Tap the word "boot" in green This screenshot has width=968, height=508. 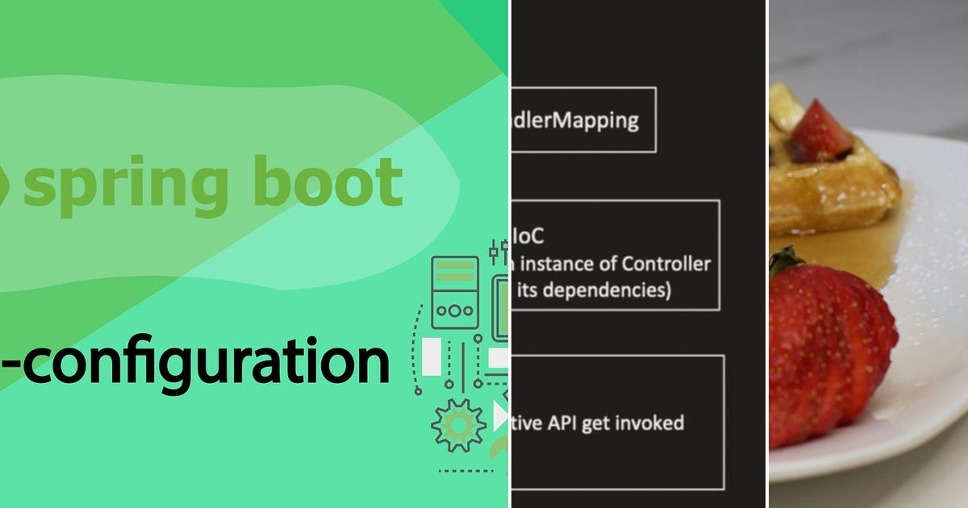(329, 181)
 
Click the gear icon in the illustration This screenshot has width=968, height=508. (458, 426)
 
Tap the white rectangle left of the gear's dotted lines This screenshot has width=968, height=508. (432, 356)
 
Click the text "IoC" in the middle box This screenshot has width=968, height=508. (528, 235)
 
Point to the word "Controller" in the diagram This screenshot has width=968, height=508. (668, 263)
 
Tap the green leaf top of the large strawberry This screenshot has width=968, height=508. (785, 261)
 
